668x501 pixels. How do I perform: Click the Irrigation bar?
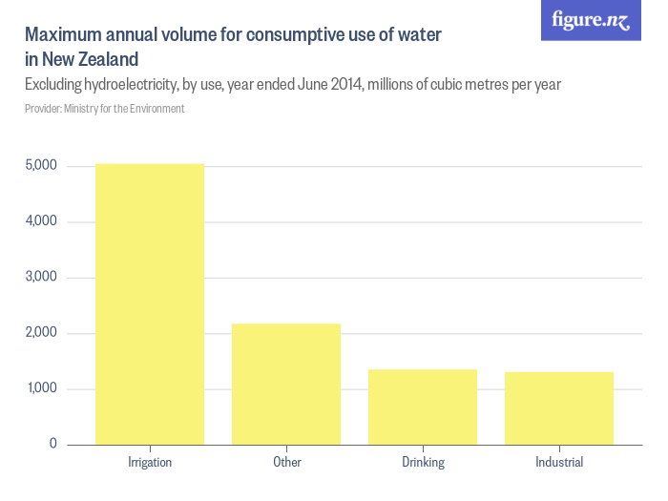(x=150, y=303)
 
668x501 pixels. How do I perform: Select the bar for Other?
(x=286, y=384)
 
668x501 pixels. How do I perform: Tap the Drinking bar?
(x=423, y=407)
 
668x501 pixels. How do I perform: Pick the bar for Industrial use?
(x=559, y=407)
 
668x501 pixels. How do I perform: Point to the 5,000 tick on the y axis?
(x=41, y=166)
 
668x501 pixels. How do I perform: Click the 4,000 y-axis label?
(x=41, y=221)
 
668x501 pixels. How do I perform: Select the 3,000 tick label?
(x=41, y=278)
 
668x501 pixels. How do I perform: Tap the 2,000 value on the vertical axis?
(x=41, y=333)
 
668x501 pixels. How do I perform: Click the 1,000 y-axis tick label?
(x=41, y=388)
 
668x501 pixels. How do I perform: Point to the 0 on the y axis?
(x=52, y=445)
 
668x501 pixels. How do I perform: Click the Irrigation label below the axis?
(x=150, y=463)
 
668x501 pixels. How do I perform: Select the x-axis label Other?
(x=286, y=463)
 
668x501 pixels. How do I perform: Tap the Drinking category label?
(x=423, y=463)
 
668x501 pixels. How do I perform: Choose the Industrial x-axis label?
(x=559, y=463)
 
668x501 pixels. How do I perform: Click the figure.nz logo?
(x=591, y=20)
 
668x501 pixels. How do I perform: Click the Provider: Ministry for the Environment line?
(x=105, y=109)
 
